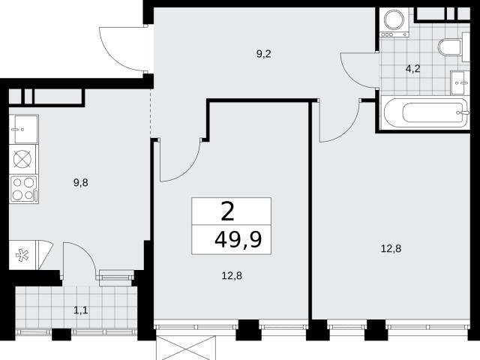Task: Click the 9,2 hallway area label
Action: click(x=263, y=54)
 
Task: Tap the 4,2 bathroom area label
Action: click(x=412, y=69)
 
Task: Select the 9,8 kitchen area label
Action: click(x=81, y=183)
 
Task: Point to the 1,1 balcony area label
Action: click(x=81, y=310)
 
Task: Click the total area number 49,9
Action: click(x=238, y=240)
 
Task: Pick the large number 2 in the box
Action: click(x=227, y=211)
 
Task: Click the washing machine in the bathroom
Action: click(x=394, y=22)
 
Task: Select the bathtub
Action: click(x=426, y=112)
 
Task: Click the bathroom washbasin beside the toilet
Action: click(x=460, y=83)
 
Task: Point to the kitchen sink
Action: click(x=23, y=129)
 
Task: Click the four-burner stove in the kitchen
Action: click(x=24, y=189)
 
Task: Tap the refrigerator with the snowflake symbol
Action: click(x=22, y=255)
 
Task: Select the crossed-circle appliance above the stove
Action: click(x=22, y=160)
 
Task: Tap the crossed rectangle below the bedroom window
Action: click(x=186, y=348)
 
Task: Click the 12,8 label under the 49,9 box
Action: click(x=232, y=276)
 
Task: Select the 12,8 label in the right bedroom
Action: click(x=391, y=248)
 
